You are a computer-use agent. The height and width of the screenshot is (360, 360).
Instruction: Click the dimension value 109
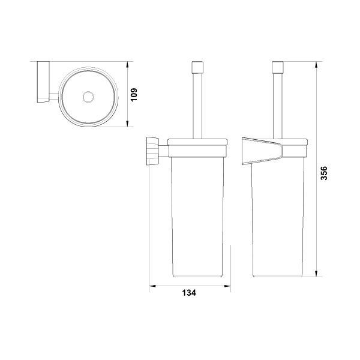pyautogui.click(x=133, y=94)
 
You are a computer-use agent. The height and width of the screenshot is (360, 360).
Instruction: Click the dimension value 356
pyautogui.click(x=323, y=173)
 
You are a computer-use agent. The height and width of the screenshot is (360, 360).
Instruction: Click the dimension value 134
pyautogui.click(x=189, y=293)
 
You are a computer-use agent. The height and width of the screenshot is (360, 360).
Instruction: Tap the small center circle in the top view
pyautogui.click(x=88, y=97)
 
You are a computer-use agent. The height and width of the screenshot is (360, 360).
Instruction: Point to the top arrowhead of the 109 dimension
pyautogui.click(x=127, y=65)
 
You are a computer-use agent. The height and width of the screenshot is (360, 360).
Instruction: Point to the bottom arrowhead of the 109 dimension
pyautogui.click(x=127, y=123)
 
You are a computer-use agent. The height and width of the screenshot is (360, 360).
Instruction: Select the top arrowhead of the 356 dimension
pyautogui.click(x=316, y=65)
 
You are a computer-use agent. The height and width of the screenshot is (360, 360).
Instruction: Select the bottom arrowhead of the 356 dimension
pyautogui.click(x=316, y=274)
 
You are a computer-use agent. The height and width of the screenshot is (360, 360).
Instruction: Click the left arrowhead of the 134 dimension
pyautogui.click(x=152, y=286)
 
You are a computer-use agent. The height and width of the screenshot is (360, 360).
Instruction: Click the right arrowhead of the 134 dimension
pyautogui.click(x=227, y=286)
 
